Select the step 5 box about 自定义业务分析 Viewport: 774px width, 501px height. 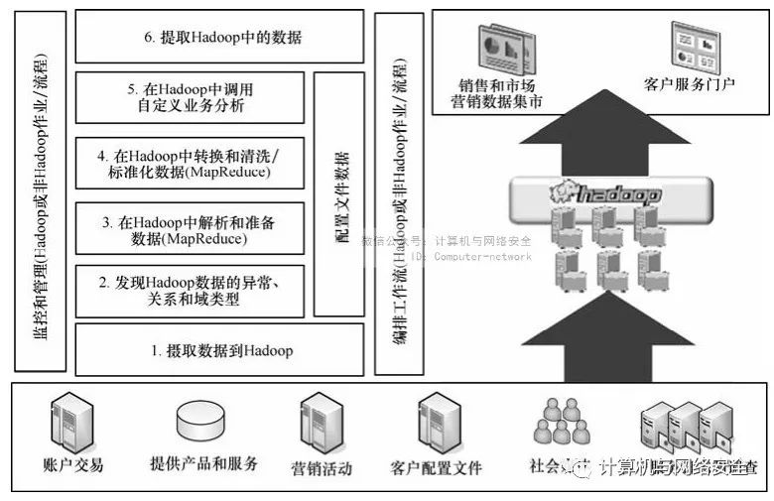click(190, 96)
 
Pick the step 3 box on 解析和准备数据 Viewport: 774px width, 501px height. click(190, 230)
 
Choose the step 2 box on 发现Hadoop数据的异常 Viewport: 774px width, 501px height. click(190, 292)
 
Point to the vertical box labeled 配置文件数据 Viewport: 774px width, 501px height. click(339, 193)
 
